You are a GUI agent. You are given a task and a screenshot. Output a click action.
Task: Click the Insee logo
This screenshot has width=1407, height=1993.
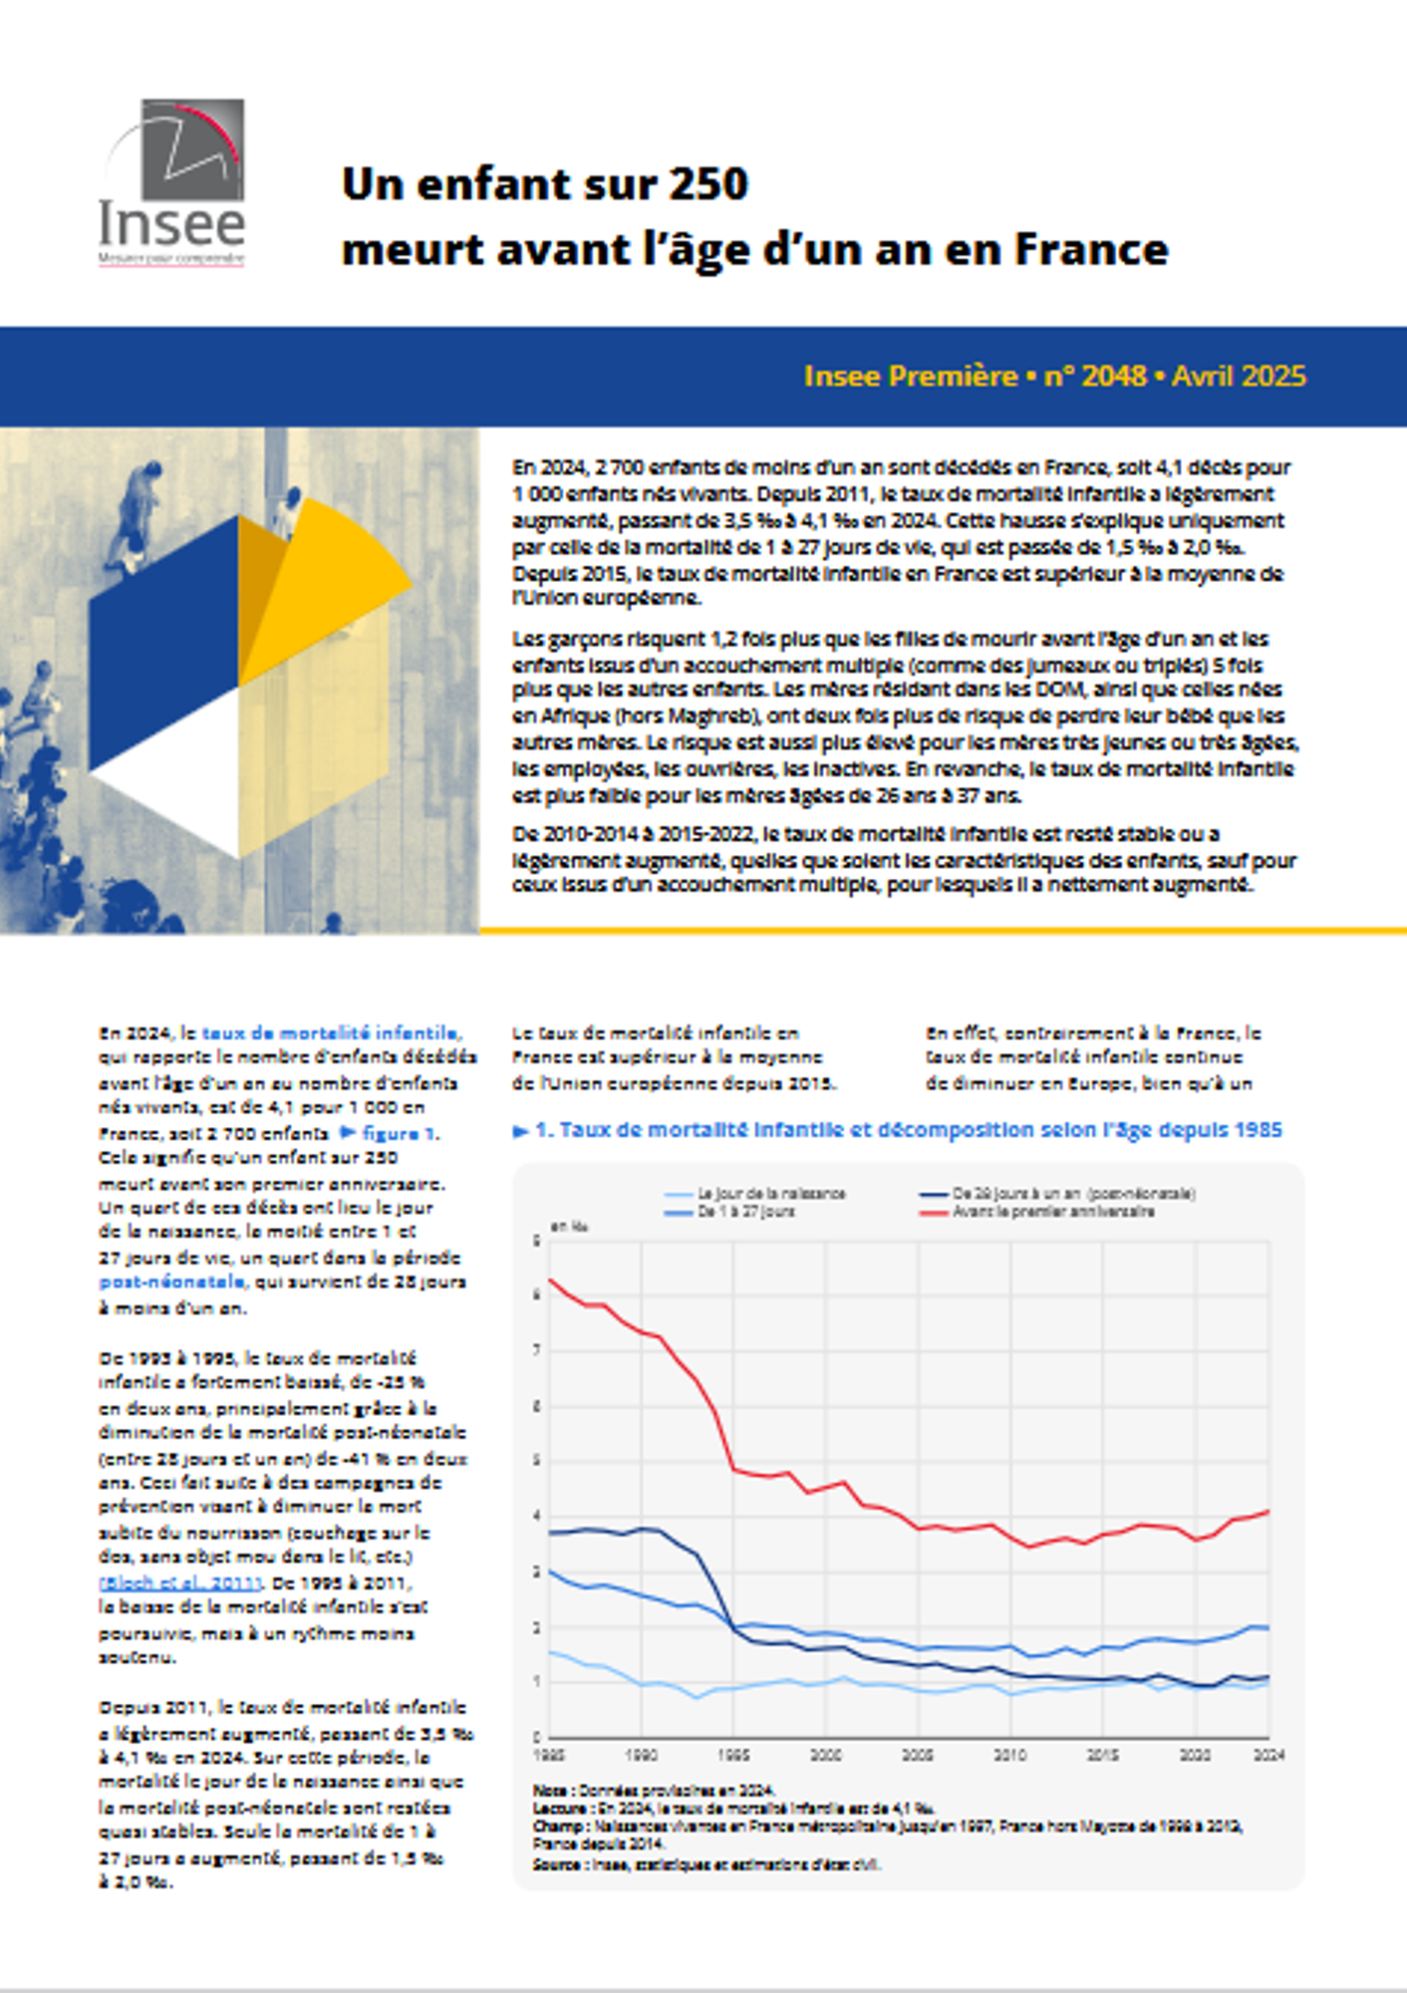[x=172, y=183]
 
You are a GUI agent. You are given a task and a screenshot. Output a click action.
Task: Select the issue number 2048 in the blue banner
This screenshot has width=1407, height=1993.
[x=1113, y=376]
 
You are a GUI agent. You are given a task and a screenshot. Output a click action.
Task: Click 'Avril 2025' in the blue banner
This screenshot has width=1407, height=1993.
[x=1238, y=376]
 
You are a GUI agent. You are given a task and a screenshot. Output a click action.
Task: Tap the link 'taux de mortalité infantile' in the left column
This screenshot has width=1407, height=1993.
[x=331, y=1033]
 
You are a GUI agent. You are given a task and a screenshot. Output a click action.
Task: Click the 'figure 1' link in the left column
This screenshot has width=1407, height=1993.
[x=398, y=1133]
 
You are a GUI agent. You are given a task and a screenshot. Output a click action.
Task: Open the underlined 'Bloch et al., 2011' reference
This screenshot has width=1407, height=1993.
[x=180, y=1582]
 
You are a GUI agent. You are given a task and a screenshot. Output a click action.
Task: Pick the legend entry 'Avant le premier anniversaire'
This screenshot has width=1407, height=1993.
[x=1053, y=1212]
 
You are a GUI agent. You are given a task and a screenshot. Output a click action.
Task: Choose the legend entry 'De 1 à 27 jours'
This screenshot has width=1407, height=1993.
[x=746, y=1212]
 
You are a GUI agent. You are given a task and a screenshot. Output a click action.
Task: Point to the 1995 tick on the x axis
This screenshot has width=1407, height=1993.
[x=733, y=1755]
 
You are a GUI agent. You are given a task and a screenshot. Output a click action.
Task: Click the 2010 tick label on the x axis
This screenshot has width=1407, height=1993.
[x=1010, y=1755]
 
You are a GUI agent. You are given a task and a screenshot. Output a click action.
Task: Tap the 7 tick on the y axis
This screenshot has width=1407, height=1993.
[x=537, y=1350]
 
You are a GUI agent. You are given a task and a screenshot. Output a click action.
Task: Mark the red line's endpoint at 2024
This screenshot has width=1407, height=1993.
[x=1268, y=1512]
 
